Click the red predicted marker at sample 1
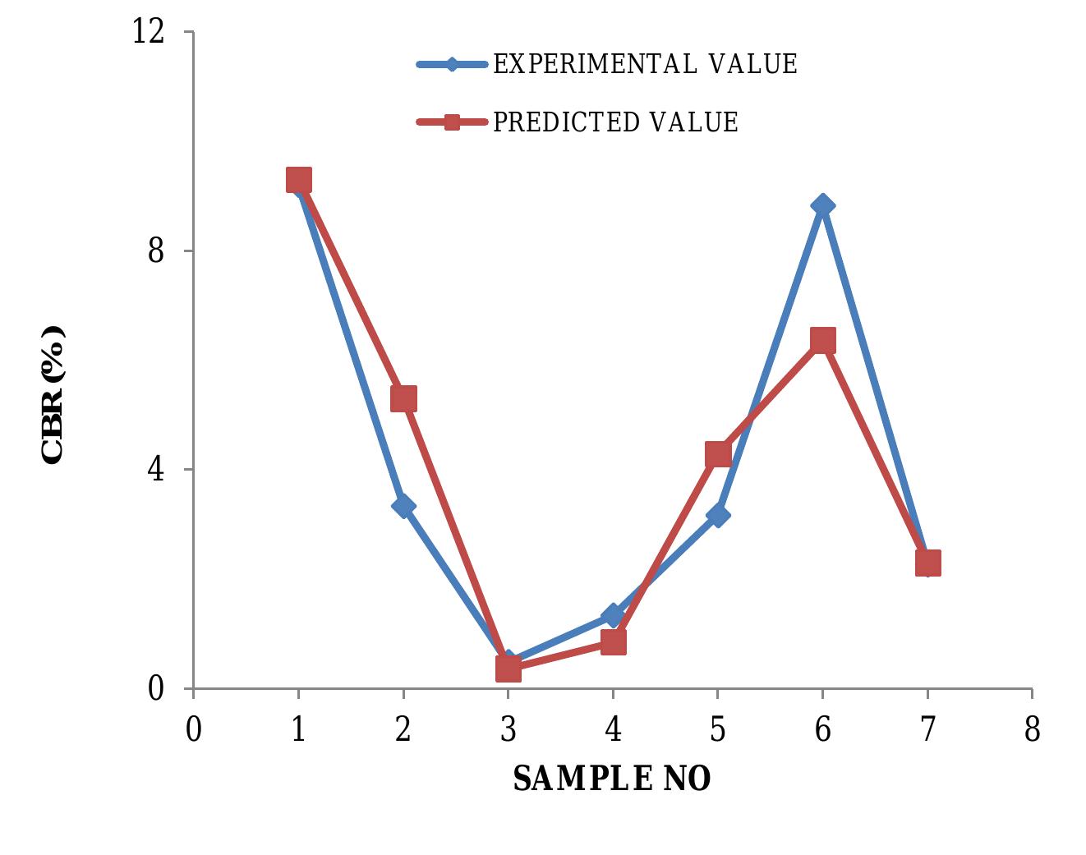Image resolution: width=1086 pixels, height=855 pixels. (299, 180)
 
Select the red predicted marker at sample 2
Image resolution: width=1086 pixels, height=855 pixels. (403, 398)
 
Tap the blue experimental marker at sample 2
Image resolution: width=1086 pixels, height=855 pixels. (403, 506)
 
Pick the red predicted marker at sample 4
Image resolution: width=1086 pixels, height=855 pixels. (613, 641)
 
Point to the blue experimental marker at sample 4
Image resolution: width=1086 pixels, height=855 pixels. (612, 615)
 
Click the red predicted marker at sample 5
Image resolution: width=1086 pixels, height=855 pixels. (718, 453)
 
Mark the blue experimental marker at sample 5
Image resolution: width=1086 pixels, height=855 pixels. (718, 516)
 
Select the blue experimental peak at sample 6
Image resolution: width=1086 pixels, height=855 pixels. (822, 205)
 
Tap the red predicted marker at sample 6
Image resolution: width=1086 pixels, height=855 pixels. (822, 339)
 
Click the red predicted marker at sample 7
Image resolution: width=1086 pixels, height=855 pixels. (927, 563)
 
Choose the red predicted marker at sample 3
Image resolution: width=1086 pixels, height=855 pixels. (508, 669)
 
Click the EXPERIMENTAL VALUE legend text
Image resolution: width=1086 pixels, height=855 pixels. (645, 64)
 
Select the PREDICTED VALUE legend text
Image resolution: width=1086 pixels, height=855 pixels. (615, 122)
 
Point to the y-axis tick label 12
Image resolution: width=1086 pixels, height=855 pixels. (149, 32)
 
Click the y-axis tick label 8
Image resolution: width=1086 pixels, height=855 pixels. (156, 251)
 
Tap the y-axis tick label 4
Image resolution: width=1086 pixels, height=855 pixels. (156, 469)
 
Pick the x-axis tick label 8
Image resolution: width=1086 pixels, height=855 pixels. (1033, 729)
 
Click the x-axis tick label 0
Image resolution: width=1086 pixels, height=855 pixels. (194, 729)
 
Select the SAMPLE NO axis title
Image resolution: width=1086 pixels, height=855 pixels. (612, 779)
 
